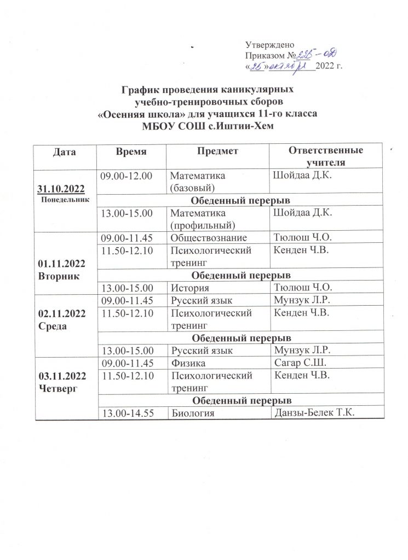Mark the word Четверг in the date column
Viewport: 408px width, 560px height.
point(57,388)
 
